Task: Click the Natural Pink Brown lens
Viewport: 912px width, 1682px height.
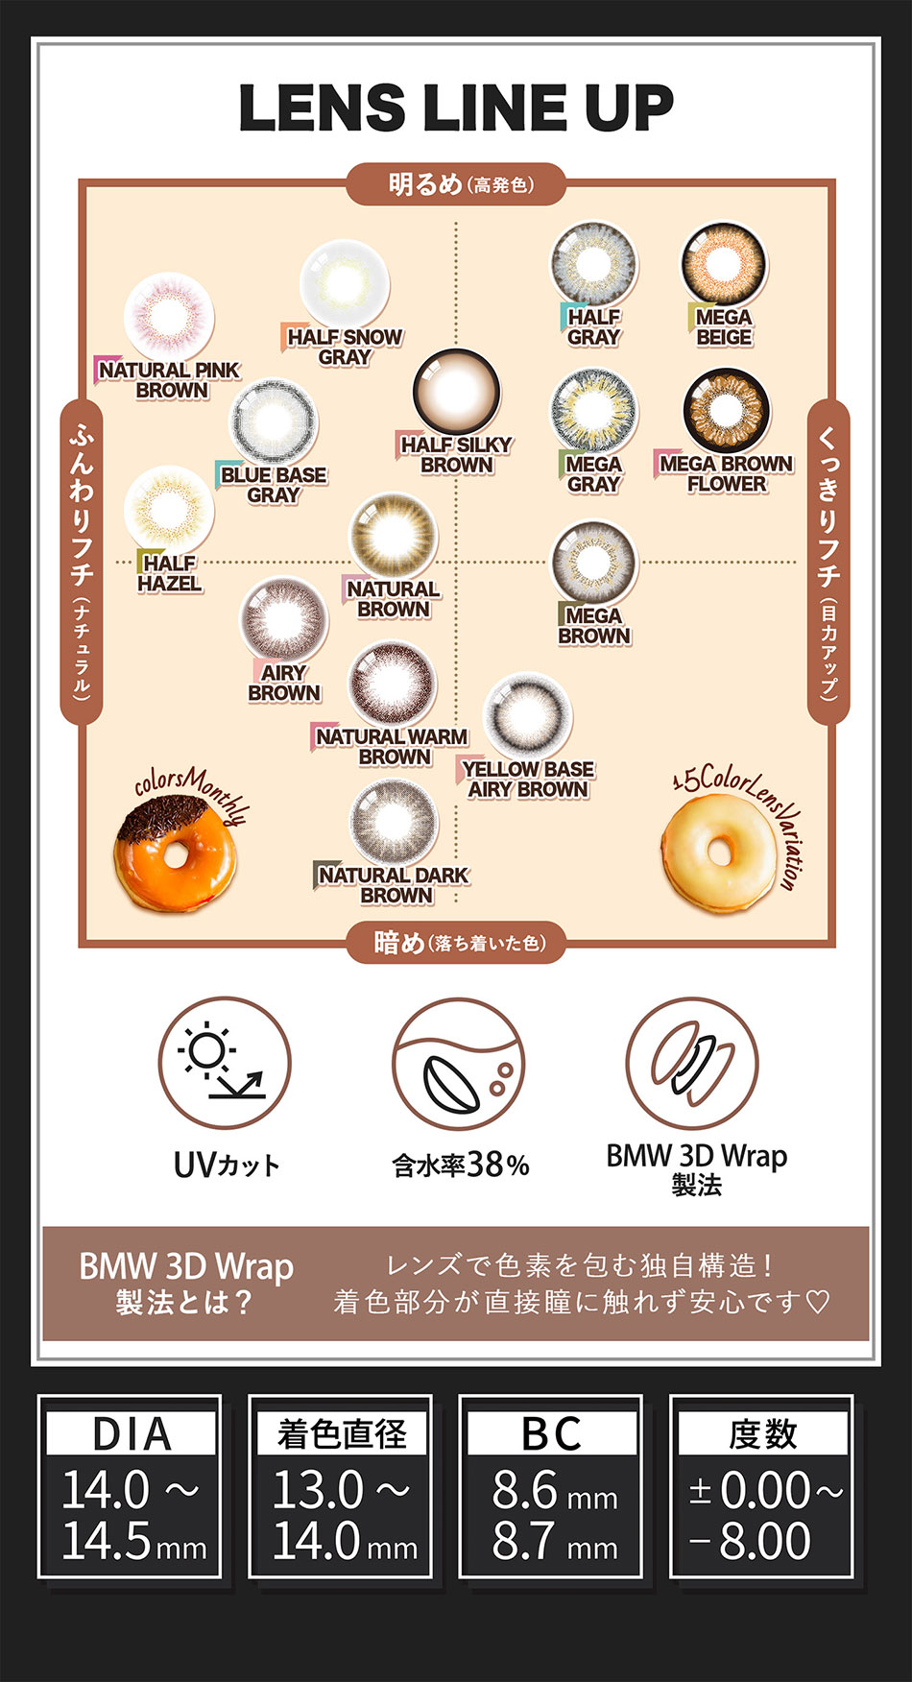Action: point(169,316)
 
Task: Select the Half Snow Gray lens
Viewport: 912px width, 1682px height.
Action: point(344,283)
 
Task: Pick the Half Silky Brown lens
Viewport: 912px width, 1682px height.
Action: point(456,392)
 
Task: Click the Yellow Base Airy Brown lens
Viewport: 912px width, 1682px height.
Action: point(527,715)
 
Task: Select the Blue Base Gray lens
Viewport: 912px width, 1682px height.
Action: point(274,421)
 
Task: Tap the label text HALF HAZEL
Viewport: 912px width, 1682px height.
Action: point(169,573)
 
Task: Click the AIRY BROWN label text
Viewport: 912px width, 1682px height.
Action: point(284,683)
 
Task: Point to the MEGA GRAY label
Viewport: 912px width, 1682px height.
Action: point(593,474)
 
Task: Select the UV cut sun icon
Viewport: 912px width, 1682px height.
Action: point(225,1063)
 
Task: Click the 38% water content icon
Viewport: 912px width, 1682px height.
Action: point(459,1064)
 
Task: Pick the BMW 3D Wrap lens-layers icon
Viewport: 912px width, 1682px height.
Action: point(692,1062)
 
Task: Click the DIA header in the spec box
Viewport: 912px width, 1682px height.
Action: point(132,1434)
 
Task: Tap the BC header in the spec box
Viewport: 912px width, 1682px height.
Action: point(551,1434)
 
